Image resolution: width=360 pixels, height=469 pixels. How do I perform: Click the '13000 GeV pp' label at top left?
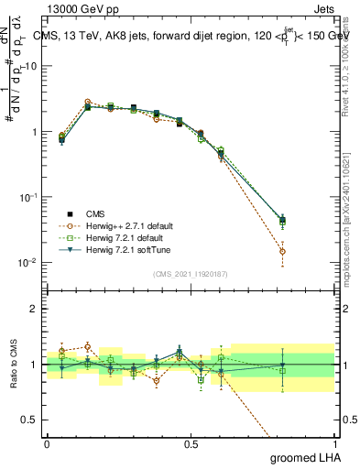[x=82, y=7]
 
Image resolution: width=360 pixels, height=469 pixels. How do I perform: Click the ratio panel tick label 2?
[x=35, y=309]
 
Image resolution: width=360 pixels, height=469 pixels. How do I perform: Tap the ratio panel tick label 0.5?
[x=31, y=420]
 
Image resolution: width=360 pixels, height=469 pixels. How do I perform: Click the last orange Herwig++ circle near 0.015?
[x=282, y=251]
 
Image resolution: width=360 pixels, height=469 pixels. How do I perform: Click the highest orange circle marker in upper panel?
[x=88, y=102]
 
